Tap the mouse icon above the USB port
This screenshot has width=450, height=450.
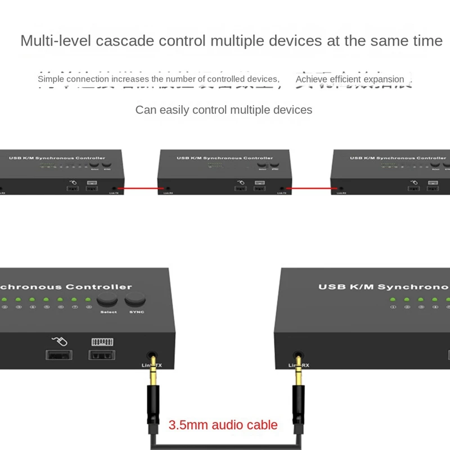pyautogui.click(x=58, y=341)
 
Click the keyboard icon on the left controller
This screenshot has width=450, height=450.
pyautogui.click(x=102, y=341)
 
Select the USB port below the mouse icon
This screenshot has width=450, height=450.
pyautogui.click(x=58, y=355)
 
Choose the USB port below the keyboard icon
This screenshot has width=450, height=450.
pyautogui.click(x=102, y=355)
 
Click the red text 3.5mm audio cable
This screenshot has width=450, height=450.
pyautogui.click(x=223, y=425)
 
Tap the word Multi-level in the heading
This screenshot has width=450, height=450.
pyautogui.click(x=56, y=41)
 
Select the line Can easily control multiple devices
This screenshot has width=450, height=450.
pyautogui.click(x=224, y=110)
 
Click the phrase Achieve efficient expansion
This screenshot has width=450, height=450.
pyautogui.click(x=350, y=79)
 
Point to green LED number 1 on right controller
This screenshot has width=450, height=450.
pyautogui.click(x=393, y=300)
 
